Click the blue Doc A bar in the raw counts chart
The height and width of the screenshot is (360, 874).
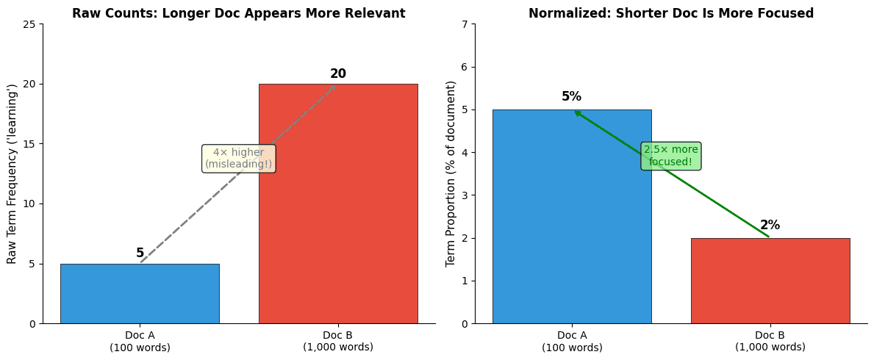point(140,294)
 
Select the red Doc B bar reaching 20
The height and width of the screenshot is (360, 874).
point(338,220)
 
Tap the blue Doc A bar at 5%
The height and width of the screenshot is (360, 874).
point(571,220)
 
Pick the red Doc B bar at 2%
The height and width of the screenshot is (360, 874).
point(770,283)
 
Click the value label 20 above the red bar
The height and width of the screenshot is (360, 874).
point(338,74)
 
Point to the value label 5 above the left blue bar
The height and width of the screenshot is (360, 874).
point(140,253)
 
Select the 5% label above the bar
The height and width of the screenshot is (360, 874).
point(571,97)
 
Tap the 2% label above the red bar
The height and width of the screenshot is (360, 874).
point(770,226)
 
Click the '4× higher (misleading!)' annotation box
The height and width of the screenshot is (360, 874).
point(238,158)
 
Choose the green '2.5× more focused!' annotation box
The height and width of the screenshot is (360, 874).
point(670,156)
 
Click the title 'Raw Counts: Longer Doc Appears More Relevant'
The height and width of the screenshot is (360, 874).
point(238,13)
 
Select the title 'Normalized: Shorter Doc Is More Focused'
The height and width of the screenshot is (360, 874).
point(670,13)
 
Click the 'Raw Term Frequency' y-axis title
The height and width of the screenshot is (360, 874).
point(12,173)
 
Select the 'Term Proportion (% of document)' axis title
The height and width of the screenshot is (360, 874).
point(451,173)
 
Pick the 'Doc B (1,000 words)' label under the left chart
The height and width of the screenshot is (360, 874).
point(338,341)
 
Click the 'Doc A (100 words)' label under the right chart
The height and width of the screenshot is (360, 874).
point(571,341)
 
